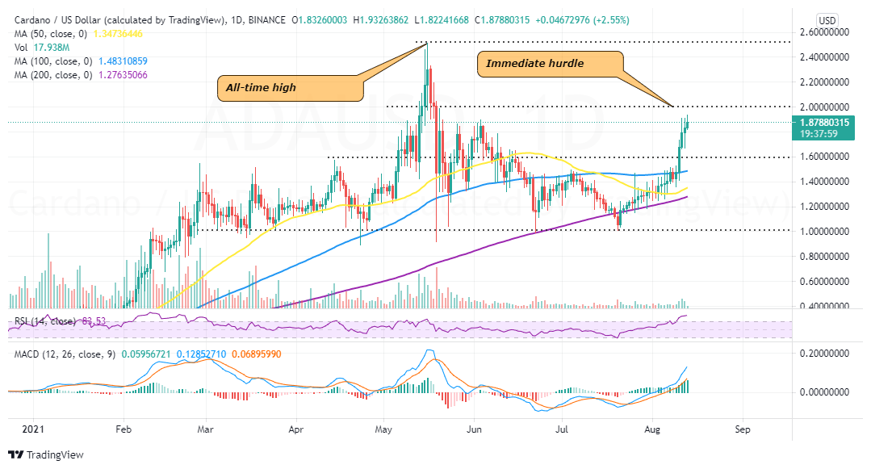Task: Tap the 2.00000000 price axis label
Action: [x=827, y=107]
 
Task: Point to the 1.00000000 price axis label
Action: [x=827, y=231]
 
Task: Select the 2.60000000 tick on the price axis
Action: [x=827, y=32]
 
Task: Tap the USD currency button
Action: [x=827, y=19]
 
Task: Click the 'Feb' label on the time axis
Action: [x=124, y=429]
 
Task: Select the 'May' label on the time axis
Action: [x=383, y=429]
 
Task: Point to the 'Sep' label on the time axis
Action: [x=743, y=429]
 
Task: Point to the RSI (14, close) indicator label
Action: [x=40, y=320]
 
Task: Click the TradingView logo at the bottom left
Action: [x=46, y=454]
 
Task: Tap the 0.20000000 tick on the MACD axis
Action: [x=827, y=354]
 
